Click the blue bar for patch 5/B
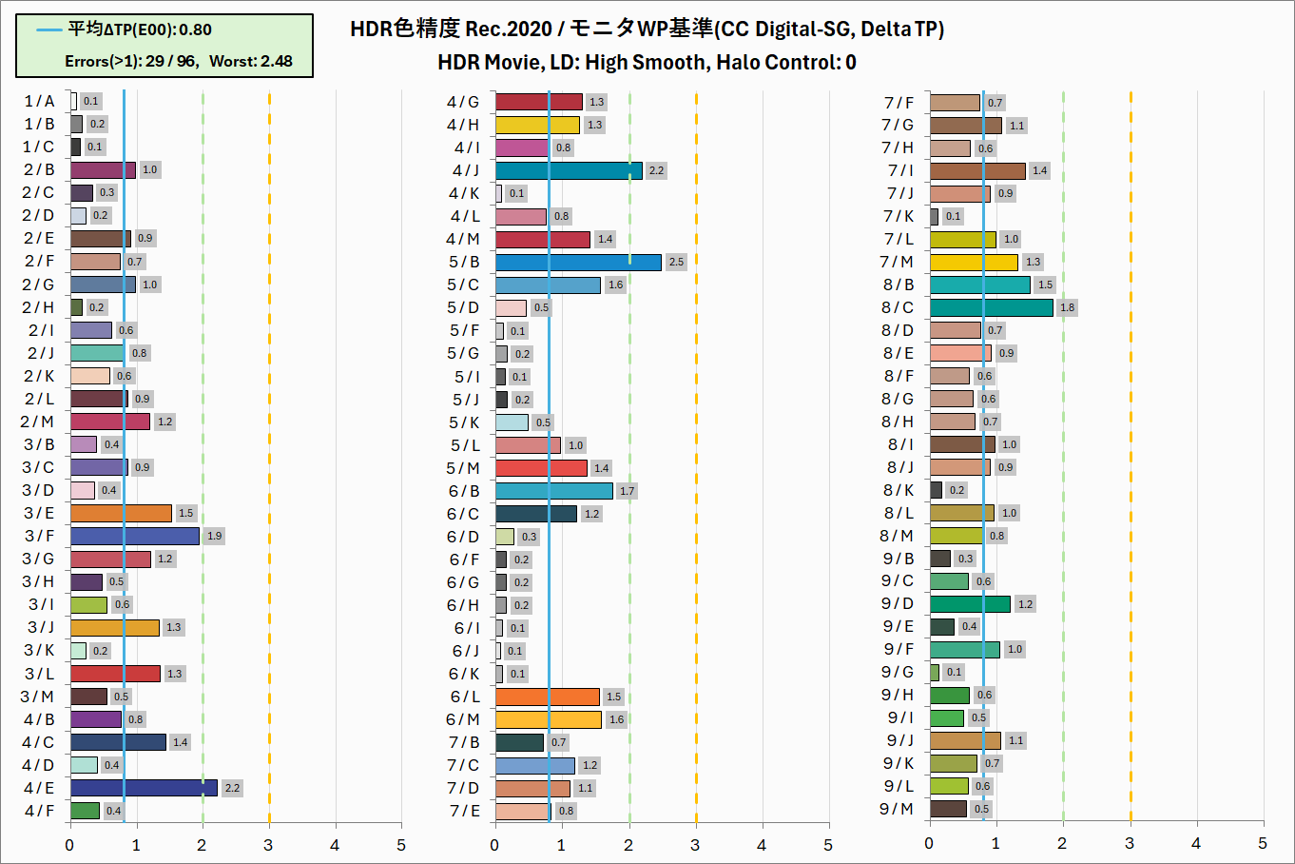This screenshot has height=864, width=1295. coord(578,262)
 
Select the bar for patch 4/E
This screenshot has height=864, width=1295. coord(144,788)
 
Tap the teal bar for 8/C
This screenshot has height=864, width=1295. coord(992,307)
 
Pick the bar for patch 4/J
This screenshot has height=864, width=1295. coord(569,170)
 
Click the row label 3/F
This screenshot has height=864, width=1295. coord(39,536)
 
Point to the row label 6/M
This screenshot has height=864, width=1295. coord(464,719)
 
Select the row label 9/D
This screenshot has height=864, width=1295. coord(897,603)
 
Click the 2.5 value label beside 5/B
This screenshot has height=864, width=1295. coord(676,262)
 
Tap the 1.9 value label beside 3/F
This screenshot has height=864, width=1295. coord(215,536)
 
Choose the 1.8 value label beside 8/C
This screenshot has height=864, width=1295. coord(1068,307)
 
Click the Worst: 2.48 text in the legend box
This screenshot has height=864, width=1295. coord(251,61)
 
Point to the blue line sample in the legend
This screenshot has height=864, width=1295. coord(49,30)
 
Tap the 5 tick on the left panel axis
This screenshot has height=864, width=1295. coord(401,845)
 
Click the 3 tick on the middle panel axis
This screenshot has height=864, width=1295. coord(695,845)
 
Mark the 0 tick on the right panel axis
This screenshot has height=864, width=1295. coord(929,844)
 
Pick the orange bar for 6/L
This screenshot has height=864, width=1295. coord(548,697)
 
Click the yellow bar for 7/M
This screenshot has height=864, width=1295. coord(974,262)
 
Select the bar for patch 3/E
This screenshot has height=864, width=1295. coord(121,513)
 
